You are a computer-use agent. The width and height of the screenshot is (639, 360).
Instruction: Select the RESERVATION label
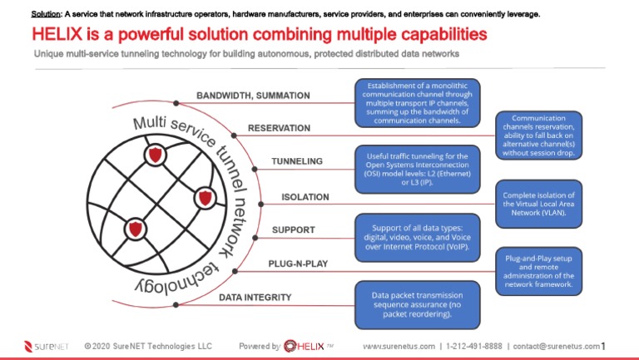[x=279, y=129]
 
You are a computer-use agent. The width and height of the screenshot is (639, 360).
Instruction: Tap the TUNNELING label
[x=297, y=161]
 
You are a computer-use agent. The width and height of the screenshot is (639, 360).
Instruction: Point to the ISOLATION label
[x=305, y=198]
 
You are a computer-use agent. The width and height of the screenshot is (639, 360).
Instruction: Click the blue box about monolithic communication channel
[x=419, y=103]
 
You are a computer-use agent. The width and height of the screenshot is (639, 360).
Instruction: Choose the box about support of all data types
[x=419, y=236]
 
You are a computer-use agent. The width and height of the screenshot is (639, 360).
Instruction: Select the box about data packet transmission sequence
[x=419, y=304]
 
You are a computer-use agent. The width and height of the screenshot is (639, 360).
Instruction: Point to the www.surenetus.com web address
[x=399, y=346]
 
